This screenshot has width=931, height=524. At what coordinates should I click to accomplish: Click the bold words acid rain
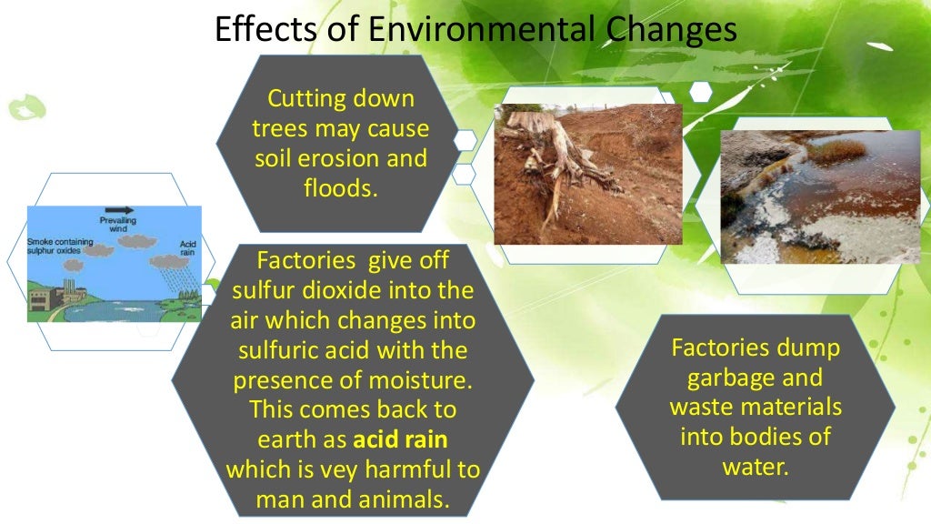pyautogui.click(x=400, y=440)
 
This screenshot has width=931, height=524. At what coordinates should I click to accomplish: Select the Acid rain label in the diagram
pyautogui.click(x=188, y=247)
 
